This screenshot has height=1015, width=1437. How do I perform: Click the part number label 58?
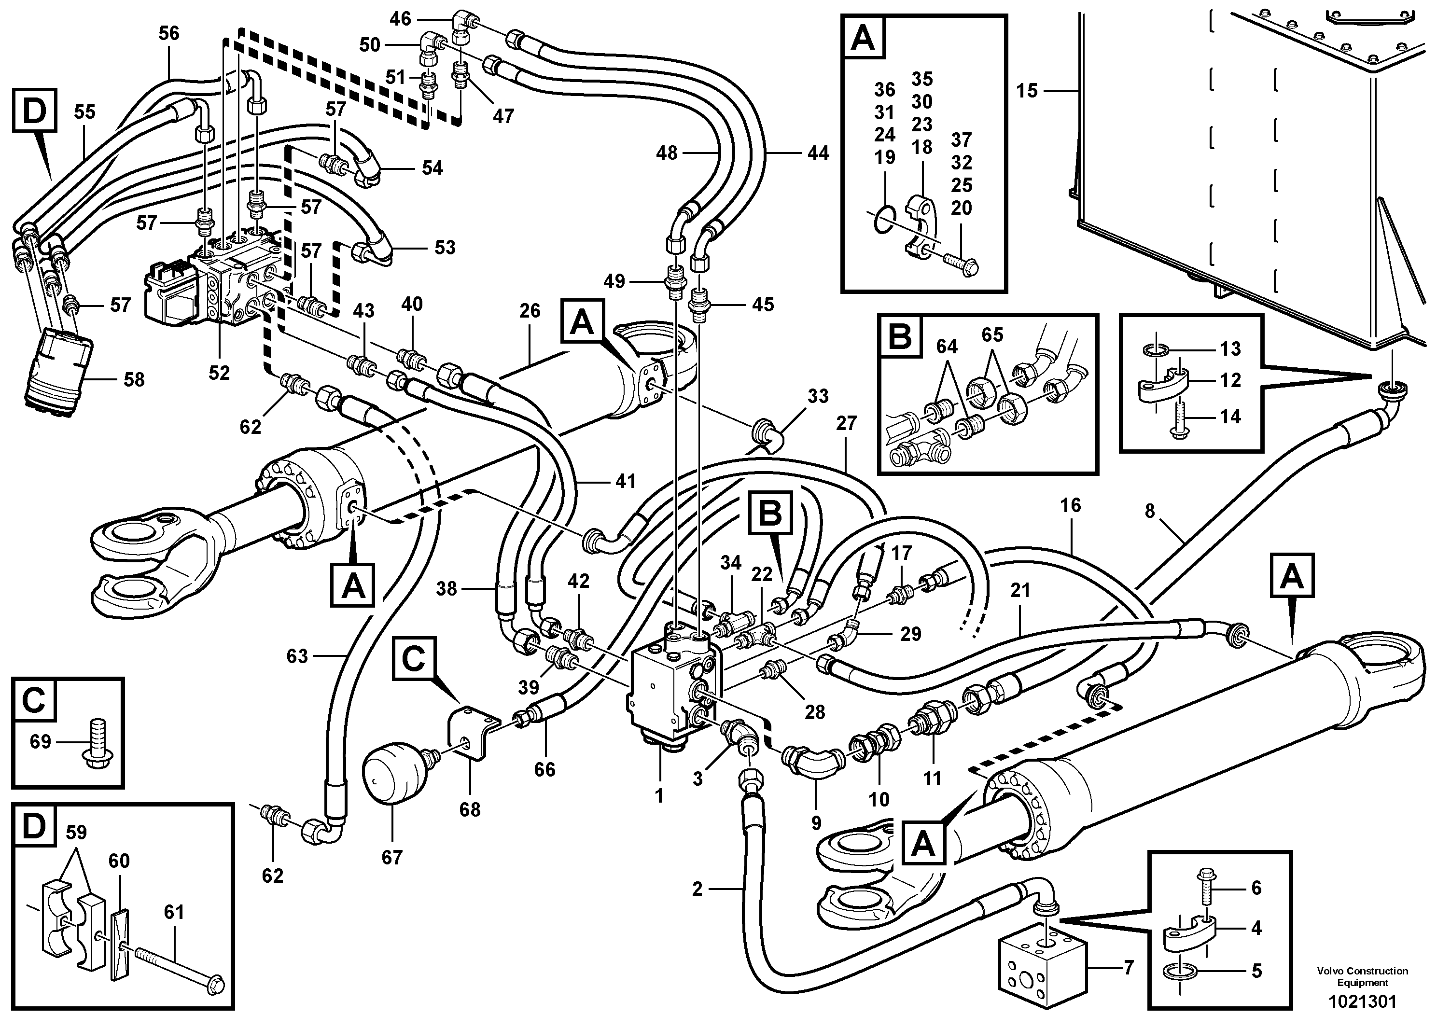pyautogui.click(x=134, y=380)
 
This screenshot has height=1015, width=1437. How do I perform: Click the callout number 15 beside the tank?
pyautogui.click(x=1026, y=91)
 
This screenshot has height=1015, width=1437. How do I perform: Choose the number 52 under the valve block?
pyautogui.click(x=219, y=373)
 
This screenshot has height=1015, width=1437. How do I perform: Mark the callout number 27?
pyautogui.click(x=846, y=424)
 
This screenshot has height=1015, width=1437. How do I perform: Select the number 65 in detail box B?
pyautogui.click(x=992, y=335)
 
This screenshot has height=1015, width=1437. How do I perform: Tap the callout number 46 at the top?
pyautogui.click(x=401, y=19)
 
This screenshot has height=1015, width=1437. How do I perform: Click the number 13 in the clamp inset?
pyautogui.click(x=1230, y=348)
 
